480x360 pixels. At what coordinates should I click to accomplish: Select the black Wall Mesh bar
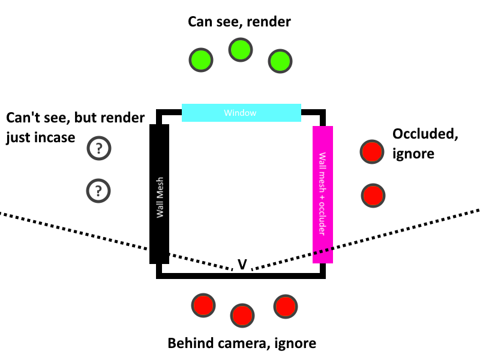[x=159, y=192]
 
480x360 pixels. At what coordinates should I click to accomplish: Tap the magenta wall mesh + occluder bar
[x=323, y=194]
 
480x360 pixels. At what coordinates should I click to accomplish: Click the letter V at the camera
[x=242, y=264]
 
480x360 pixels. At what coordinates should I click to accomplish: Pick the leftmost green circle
[x=201, y=59]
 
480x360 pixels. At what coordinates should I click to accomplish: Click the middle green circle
[x=240, y=50]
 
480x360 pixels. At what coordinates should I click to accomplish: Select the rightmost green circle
[x=279, y=61]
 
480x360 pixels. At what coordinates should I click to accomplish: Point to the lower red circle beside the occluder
[x=373, y=195]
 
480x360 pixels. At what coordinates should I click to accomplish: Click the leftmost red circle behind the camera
[x=203, y=305]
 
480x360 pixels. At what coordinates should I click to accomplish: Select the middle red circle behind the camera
[x=242, y=314]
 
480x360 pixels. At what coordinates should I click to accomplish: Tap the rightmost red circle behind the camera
[x=285, y=306]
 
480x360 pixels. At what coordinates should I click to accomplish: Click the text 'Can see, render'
[x=239, y=22]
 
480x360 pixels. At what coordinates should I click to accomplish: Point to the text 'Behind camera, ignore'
[x=242, y=343]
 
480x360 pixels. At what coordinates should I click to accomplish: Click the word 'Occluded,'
[x=425, y=135]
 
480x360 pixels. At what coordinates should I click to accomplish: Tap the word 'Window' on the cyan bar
[x=240, y=113]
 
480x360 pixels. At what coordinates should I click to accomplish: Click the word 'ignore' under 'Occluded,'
[x=413, y=154]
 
